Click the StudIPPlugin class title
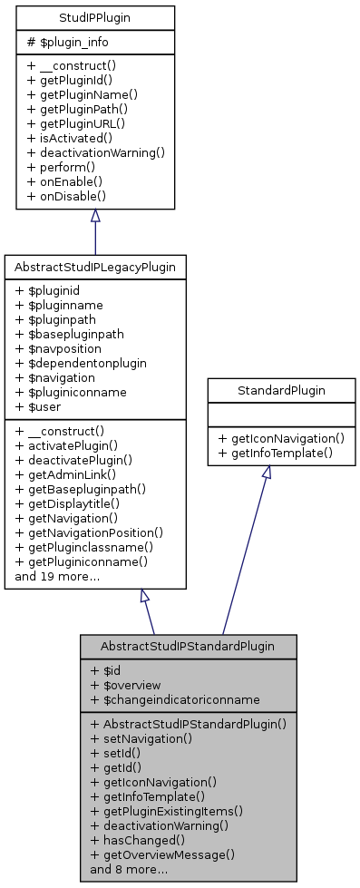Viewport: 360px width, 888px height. click(95, 16)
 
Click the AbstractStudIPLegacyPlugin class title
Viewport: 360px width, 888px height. click(95, 267)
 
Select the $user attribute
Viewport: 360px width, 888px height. click(43, 406)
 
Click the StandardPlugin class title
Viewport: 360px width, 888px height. click(281, 392)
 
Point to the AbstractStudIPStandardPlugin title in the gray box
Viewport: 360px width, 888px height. click(189, 646)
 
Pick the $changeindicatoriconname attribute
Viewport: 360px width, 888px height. click(169, 699)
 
